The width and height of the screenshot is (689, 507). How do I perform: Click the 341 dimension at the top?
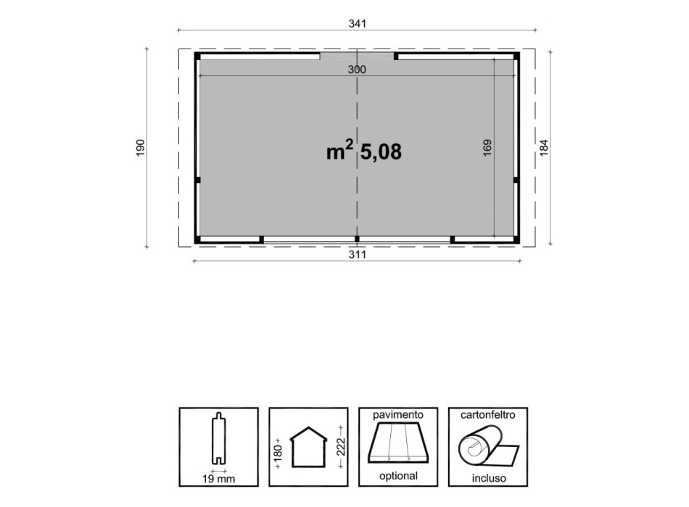point(358,24)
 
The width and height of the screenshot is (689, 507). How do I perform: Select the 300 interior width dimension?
point(356,70)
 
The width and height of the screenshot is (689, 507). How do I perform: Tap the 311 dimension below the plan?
point(357,254)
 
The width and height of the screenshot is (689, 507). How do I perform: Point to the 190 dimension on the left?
point(140,148)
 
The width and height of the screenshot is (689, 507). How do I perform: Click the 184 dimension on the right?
point(543,148)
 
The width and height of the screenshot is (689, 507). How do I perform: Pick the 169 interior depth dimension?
point(487,148)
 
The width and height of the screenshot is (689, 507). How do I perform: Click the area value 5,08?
point(381,152)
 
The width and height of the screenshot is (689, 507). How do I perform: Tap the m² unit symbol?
point(339,150)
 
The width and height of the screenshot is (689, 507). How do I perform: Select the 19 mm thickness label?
point(218,479)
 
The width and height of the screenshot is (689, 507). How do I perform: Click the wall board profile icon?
point(218,438)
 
